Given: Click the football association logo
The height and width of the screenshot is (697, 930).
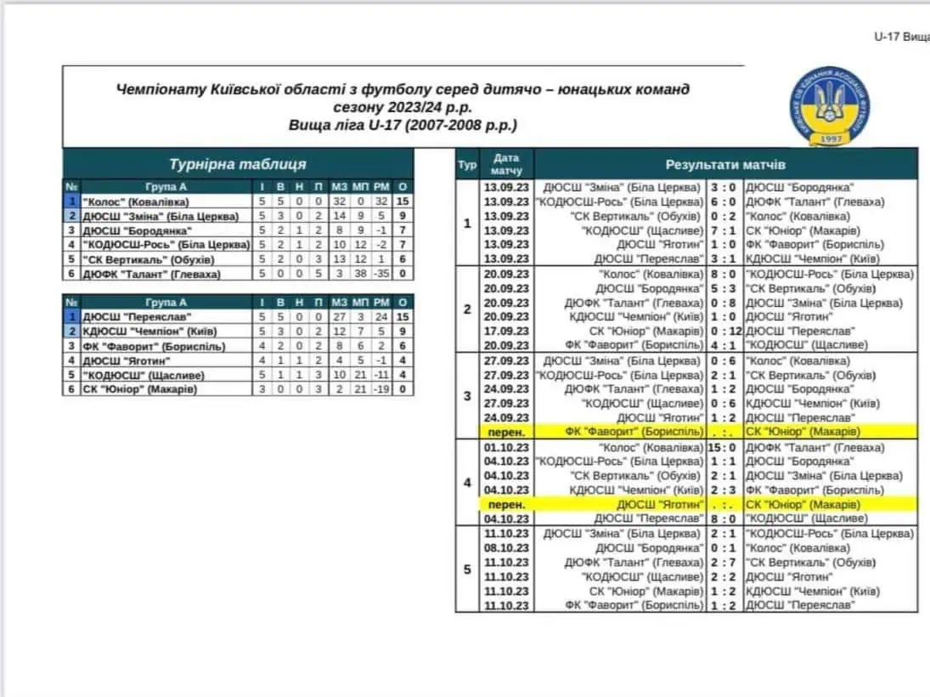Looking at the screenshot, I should tap(826, 108).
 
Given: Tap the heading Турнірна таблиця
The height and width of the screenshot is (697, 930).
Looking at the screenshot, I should tap(237, 164).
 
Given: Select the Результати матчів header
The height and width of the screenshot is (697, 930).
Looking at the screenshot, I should tap(724, 164).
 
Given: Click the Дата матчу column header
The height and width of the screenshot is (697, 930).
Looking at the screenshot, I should tap(506, 164).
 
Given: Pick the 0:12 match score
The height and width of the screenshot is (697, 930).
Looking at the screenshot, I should tap(724, 331).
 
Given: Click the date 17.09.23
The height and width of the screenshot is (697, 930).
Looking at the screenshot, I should tap(506, 331).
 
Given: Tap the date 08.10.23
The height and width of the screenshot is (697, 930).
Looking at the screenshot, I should tap(506, 548).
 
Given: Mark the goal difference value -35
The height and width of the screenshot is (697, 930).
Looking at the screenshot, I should tap(380, 274).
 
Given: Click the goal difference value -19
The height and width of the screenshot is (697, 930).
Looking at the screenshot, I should tap(380, 389).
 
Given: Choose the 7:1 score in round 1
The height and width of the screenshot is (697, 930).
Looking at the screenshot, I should tap(724, 230).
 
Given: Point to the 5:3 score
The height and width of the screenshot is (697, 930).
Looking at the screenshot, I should tap(724, 288).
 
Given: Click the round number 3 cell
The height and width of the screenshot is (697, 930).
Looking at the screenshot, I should tap(467, 396).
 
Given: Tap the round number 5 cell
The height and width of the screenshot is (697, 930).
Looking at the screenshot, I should tap(467, 569).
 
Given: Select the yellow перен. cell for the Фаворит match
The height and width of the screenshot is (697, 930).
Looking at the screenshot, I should tap(506, 432).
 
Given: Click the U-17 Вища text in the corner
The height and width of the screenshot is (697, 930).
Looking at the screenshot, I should tap(901, 37).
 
